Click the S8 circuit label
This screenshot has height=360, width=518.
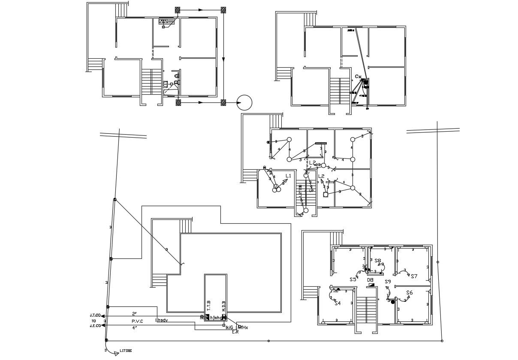pos(377,261)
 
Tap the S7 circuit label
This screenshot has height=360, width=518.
pos(414,276)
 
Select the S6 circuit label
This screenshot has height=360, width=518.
pos(409,293)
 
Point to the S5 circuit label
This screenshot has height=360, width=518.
pos(353,279)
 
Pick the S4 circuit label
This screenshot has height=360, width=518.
pos(337,303)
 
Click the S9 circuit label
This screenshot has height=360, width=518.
pos(388,282)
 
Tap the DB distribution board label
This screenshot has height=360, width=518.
pos(370,280)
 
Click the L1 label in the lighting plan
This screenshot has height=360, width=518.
pos(288,176)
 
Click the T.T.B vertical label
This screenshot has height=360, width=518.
pos(209,306)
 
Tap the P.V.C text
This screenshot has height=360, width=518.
pos(137,321)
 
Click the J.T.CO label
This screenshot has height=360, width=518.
pos(95,315)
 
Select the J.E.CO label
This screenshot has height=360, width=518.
pos(95,326)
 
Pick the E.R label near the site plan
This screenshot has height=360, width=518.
pos(235,332)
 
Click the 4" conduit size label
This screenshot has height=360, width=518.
pos(134,328)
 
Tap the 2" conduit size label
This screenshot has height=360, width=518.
pos(134,314)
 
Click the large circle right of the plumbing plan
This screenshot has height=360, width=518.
pos(244,102)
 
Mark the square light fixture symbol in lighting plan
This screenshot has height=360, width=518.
pos(325,195)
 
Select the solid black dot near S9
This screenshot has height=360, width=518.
pos(392,302)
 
